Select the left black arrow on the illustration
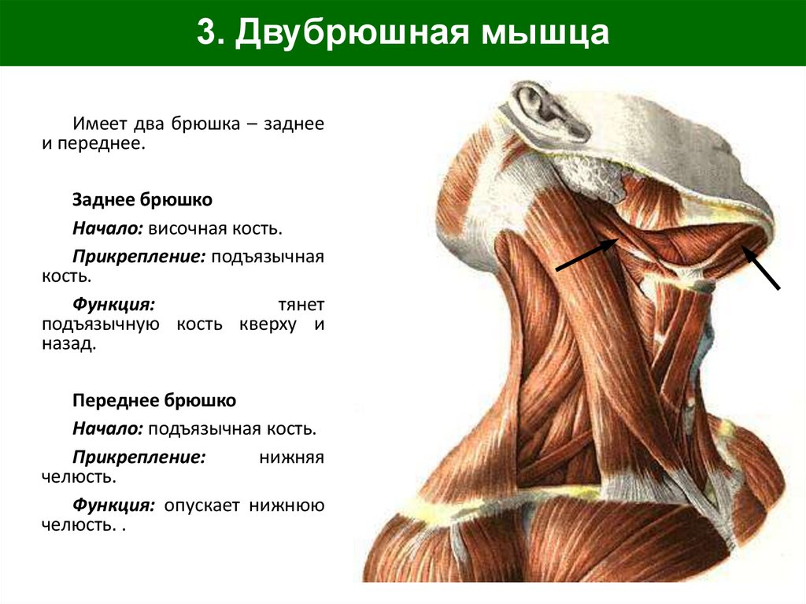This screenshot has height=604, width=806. click(x=587, y=255)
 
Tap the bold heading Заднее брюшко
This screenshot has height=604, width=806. click(x=142, y=200)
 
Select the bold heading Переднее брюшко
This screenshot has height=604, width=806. click(x=154, y=401)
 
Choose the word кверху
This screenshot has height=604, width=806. click(x=268, y=324)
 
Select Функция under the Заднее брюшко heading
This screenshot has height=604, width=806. click(x=113, y=304)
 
